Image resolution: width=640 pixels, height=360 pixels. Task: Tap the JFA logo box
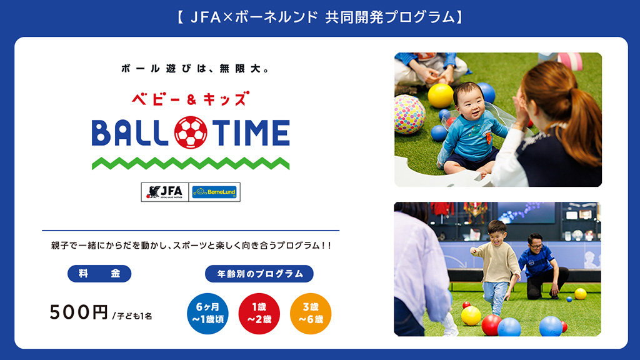[166, 192]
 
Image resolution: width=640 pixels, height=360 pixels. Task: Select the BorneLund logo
[215, 192]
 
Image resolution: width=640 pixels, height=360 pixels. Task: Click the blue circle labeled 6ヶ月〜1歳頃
[207, 312]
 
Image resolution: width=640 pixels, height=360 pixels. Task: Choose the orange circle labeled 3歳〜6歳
[311, 312]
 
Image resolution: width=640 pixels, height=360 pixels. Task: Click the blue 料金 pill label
[99, 274]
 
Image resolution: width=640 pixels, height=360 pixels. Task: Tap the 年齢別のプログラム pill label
[259, 274]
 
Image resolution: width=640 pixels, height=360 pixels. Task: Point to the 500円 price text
[79, 312]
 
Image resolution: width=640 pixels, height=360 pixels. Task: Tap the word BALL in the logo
[131, 132]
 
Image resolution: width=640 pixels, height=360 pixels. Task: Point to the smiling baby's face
[467, 101]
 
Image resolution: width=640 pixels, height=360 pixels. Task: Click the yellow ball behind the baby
[441, 95]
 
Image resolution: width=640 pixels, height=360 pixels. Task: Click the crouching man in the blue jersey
[541, 265]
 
